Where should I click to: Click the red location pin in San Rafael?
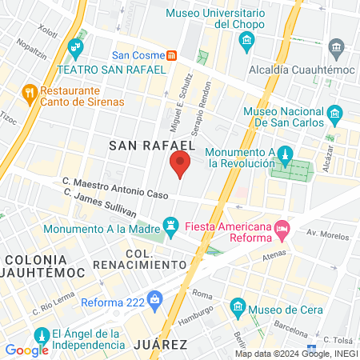coord(179,165)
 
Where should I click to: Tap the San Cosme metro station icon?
coord(172,55)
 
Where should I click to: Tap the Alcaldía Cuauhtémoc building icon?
coord(336,50)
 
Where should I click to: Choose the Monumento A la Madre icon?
coord(170,222)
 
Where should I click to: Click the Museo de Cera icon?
coord(238,306)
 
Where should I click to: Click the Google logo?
coord(26,350)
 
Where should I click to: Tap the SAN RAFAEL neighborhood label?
coord(152,144)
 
